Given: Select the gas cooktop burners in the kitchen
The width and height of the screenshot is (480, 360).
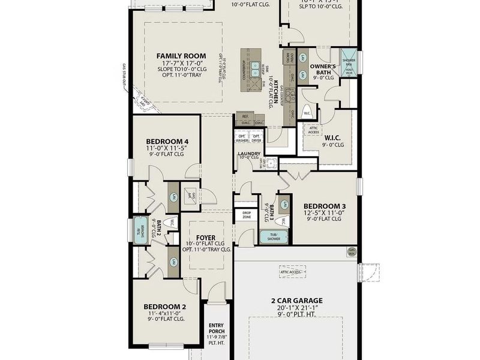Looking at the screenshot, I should pos(289,95).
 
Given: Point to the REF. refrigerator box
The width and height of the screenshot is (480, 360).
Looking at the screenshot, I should pos(245,116).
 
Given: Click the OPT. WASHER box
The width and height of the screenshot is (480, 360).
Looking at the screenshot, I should pos(242,137).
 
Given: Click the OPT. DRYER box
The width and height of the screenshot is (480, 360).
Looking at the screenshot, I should pos(256,137).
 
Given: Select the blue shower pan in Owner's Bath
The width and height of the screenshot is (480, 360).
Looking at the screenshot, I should pos(350,62).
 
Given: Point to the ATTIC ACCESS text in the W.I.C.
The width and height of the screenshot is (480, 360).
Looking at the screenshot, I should pos(314,130).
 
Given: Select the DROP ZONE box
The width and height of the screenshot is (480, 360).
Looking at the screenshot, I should pos(246,214).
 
